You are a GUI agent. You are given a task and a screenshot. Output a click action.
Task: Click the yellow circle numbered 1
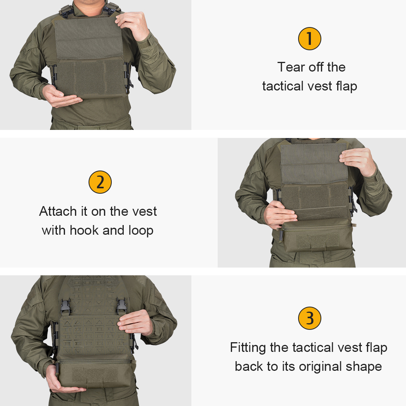[309, 38]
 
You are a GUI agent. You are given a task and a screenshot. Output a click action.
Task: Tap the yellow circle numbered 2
[100, 182]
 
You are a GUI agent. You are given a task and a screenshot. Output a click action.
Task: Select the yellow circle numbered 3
[309, 318]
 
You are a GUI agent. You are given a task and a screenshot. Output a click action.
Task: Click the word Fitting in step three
[248, 347]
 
